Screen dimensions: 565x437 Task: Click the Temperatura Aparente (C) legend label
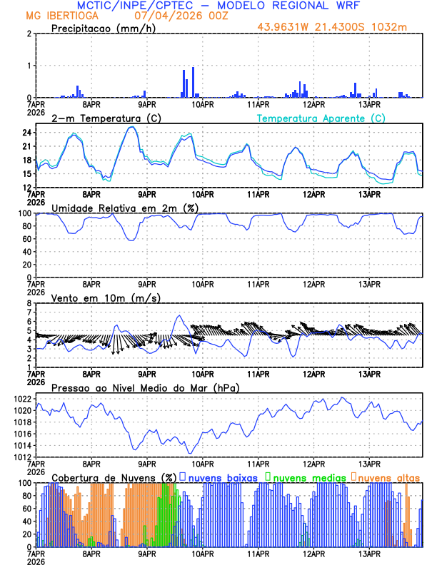point(321,118)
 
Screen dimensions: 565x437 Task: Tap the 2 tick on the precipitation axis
point(29,34)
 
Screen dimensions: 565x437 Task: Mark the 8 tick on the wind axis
point(29,303)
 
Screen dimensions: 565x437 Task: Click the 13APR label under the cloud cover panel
point(369,553)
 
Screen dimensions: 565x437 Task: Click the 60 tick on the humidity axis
point(26,239)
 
